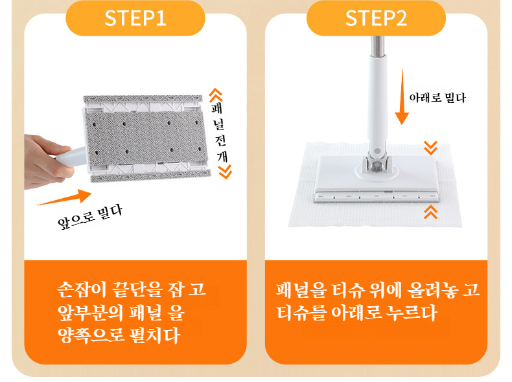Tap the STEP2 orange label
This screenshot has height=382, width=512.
[376, 18]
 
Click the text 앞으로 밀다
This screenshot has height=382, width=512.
[89, 219]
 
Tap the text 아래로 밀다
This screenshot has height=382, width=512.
[437, 98]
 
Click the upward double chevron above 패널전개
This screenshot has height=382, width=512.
[216, 95]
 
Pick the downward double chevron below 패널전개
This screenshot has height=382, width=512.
[224, 171]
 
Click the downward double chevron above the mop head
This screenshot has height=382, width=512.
[430, 148]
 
